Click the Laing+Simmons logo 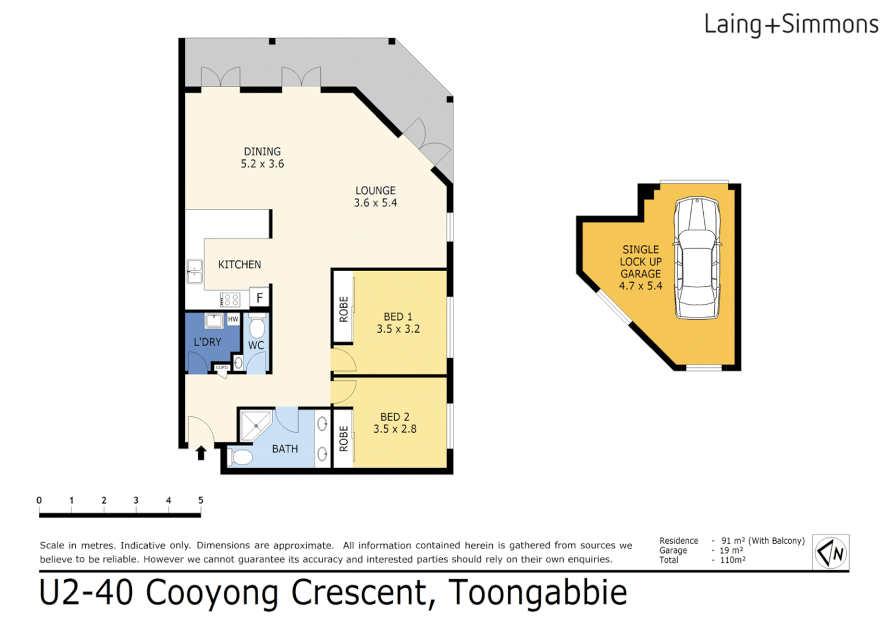(x=791, y=25)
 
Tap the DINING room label (x=262, y=152)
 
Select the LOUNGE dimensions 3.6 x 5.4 (x=375, y=203)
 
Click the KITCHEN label (x=239, y=265)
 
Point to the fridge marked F (x=260, y=298)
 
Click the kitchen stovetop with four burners (x=231, y=299)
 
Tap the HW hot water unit (x=233, y=319)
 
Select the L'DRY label (x=207, y=342)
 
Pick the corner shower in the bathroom (x=256, y=426)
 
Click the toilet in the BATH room (x=240, y=457)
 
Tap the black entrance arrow (x=201, y=453)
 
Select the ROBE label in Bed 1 (x=343, y=309)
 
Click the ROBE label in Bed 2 (x=343, y=438)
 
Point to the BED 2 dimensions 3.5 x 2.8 (x=395, y=429)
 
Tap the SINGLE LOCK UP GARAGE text (x=640, y=262)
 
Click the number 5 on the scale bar (x=200, y=500)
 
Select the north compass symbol (x=830, y=552)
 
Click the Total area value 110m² (x=732, y=560)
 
